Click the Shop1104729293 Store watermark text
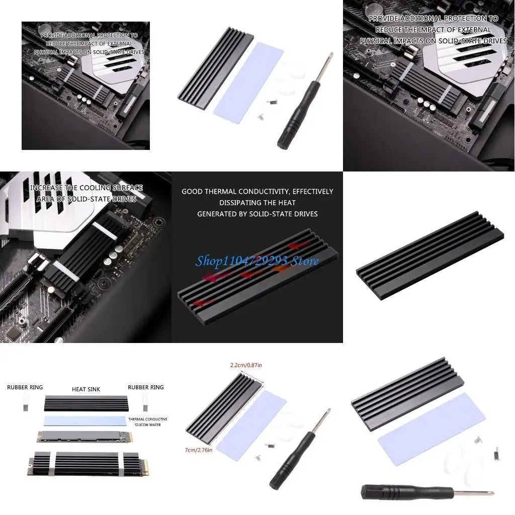click(x=257, y=261)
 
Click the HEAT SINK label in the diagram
click(x=86, y=389)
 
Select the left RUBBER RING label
click(x=25, y=387)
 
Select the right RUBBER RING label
click(x=146, y=387)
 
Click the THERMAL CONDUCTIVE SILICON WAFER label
click(x=148, y=422)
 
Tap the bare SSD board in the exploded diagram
click(x=85, y=436)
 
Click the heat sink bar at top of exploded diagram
click(x=86, y=403)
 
